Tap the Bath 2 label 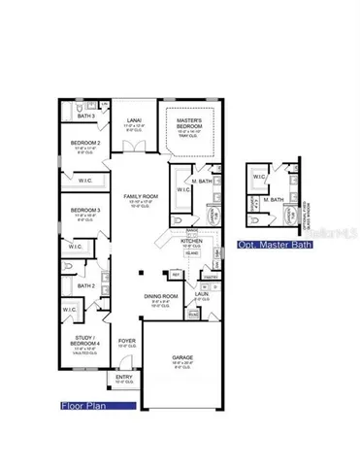[86, 286]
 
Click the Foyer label [127, 342]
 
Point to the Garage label [182, 358]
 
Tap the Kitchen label [191, 241]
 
